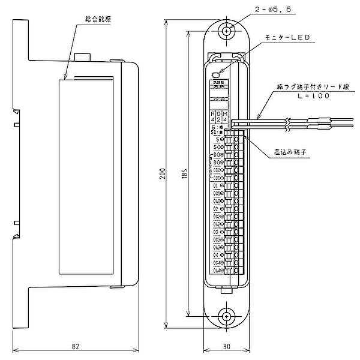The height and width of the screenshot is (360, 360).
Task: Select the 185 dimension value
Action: click(186, 173)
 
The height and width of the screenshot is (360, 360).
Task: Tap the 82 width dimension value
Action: click(76, 346)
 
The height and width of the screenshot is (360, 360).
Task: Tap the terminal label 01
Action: click(217, 186)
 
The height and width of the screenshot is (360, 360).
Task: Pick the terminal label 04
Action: click(217, 254)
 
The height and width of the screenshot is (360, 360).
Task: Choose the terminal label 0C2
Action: click(217, 216)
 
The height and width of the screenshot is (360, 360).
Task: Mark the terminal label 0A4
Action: click(217, 269)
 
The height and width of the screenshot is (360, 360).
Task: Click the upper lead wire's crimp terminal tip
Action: click(329, 121)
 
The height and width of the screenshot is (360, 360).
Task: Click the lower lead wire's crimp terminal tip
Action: click(329, 127)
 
